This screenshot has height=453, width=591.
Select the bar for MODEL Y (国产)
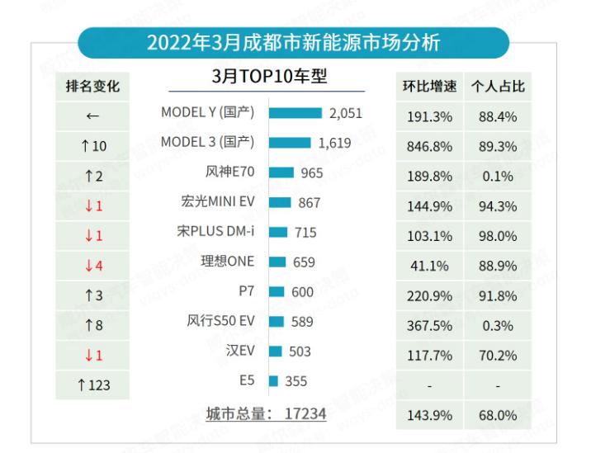pyautogui.click(x=295, y=113)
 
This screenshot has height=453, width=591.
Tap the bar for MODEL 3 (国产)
pyautogui.click(x=289, y=143)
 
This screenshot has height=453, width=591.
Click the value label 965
pyautogui.click(x=312, y=172)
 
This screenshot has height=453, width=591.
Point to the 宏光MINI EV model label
pyautogui.click(x=218, y=201)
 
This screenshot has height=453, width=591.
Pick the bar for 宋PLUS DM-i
pyautogui.click(x=278, y=232)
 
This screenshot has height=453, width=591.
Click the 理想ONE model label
pyautogui.click(x=227, y=262)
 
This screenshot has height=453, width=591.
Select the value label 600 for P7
pyautogui.click(x=302, y=291)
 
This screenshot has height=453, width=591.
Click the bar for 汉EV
pyautogui.click(x=276, y=351)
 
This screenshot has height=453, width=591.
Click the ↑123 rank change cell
pyautogui.click(x=93, y=384)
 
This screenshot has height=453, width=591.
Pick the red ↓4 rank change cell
pyautogui.click(x=93, y=265)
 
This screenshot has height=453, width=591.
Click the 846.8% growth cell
pyautogui.click(x=429, y=146)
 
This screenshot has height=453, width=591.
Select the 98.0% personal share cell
pyautogui.click(x=498, y=235)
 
